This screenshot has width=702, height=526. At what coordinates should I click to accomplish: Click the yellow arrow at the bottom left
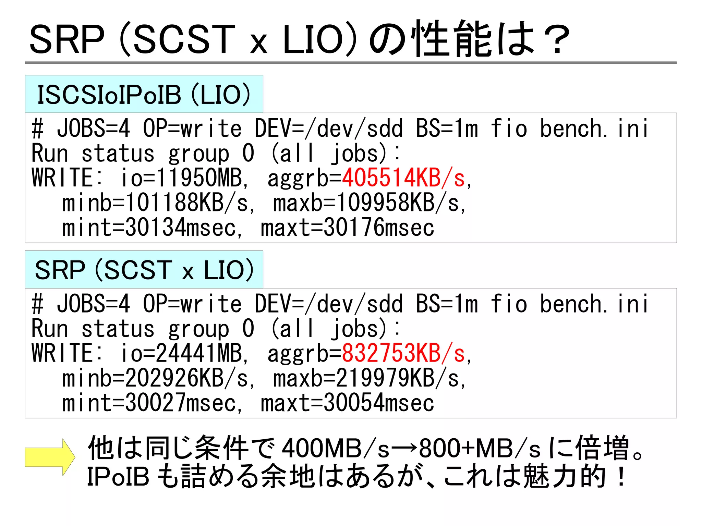tap(50, 457)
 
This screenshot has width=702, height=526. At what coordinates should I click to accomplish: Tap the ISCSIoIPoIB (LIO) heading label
tap(144, 95)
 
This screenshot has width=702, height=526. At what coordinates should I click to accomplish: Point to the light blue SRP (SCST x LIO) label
tap(144, 270)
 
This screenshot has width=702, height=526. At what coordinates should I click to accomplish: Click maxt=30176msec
tap(347, 228)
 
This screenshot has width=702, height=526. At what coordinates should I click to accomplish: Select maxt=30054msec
tap(347, 403)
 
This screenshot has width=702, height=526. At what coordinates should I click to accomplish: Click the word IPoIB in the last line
tap(118, 477)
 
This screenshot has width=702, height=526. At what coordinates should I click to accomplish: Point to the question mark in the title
tap(557, 39)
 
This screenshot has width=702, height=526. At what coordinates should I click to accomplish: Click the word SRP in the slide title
tap(67, 39)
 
